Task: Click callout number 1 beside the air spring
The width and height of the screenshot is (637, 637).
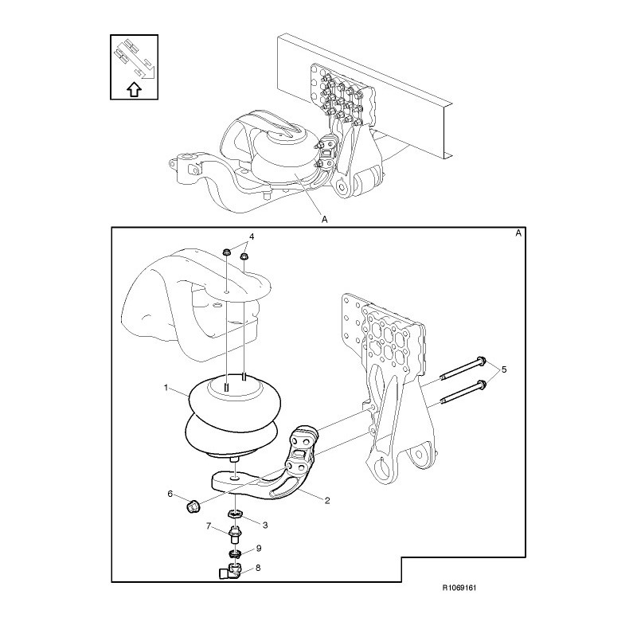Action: (x=166, y=388)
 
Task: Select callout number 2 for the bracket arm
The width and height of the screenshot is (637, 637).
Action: (x=327, y=501)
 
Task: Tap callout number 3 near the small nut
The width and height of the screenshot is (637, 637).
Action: (x=265, y=526)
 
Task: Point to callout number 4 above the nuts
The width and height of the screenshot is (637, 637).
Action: (x=252, y=236)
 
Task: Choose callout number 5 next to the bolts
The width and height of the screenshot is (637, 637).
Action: (x=504, y=369)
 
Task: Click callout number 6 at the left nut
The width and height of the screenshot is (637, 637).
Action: (x=170, y=494)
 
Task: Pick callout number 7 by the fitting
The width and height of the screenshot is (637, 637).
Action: (x=209, y=526)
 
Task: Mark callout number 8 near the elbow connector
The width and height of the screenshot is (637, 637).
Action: (x=258, y=568)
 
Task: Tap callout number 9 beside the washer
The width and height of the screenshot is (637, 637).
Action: (x=258, y=549)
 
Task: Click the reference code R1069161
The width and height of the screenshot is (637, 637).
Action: (x=459, y=588)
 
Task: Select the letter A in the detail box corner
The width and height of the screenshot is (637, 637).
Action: (x=518, y=233)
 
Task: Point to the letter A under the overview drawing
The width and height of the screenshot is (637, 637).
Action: (x=324, y=220)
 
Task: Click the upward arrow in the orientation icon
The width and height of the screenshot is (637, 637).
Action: (x=134, y=89)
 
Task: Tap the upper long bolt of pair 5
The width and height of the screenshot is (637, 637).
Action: (x=463, y=369)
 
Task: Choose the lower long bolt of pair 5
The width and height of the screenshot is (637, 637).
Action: (x=463, y=393)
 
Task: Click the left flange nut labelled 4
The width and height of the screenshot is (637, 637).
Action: (x=226, y=252)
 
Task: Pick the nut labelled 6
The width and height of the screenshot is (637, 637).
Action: (x=192, y=506)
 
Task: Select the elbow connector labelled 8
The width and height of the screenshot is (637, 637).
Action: (x=230, y=571)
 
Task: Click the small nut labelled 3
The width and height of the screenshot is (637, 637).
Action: (x=235, y=514)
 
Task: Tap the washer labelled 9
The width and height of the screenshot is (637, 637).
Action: (x=235, y=553)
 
